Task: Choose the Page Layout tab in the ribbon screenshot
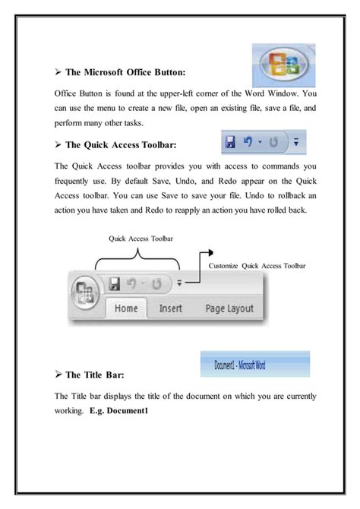[229, 309]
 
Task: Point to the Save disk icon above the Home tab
[115, 283]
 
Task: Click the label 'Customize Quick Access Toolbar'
[257, 266]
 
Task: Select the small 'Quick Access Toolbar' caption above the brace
[141, 239]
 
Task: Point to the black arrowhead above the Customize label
[210, 252]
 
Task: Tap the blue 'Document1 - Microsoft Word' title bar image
[254, 364]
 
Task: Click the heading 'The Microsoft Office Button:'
[124, 73]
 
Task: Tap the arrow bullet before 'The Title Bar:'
[58, 375]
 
